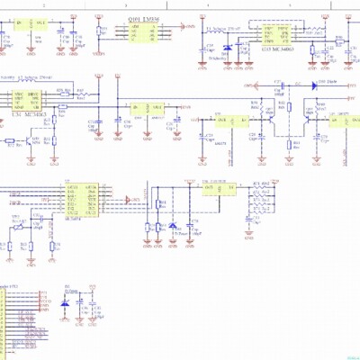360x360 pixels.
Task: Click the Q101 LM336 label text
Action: pyautogui.click(x=142, y=17)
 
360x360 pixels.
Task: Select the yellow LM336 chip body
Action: pyautogui.click(x=142, y=32)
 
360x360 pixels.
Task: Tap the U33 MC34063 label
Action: pyautogui.click(x=274, y=50)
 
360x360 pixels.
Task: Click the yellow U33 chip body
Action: pyautogui.click(x=274, y=35)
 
